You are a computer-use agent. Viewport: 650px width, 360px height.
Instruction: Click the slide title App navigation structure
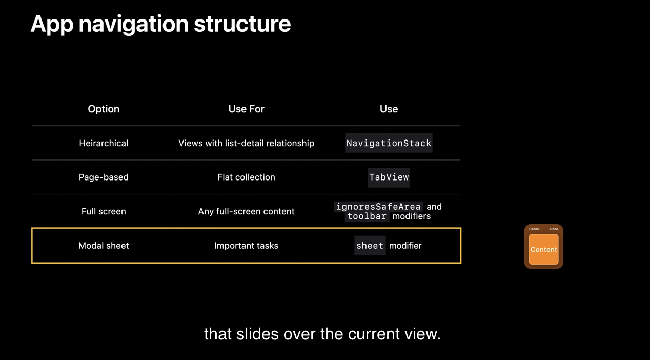[x=160, y=25]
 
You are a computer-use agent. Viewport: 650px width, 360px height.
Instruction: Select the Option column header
[x=104, y=109]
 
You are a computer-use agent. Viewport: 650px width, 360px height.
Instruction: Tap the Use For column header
[x=246, y=109]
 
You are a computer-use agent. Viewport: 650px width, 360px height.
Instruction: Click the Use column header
[x=389, y=109]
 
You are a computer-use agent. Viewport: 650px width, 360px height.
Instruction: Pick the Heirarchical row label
[x=104, y=143]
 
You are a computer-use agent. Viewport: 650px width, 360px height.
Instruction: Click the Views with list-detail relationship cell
[x=246, y=143]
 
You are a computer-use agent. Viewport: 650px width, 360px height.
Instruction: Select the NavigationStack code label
[x=389, y=143]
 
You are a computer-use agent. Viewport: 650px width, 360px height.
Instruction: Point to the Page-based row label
[x=104, y=177]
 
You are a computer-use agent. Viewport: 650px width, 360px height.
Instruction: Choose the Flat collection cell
[x=246, y=177]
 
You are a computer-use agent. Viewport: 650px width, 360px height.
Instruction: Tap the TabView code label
[x=389, y=177]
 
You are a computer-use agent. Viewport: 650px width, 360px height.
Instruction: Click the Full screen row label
[x=104, y=211]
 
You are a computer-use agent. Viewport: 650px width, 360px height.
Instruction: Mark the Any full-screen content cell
[x=246, y=211]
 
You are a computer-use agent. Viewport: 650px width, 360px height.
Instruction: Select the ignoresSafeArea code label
[x=378, y=207]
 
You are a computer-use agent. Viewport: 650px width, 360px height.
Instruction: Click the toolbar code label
[x=367, y=216]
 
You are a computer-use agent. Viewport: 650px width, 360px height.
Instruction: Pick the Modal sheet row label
[x=104, y=246]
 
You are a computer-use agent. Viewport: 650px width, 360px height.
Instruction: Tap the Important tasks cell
[x=246, y=246]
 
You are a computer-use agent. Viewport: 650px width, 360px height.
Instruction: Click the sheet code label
[x=370, y=246]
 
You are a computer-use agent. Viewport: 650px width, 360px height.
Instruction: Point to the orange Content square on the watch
[x=543, y=249]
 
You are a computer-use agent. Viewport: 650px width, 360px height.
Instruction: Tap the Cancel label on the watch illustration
[x=534, y=229]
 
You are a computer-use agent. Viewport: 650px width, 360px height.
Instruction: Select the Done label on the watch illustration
[x=554, y=229]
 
